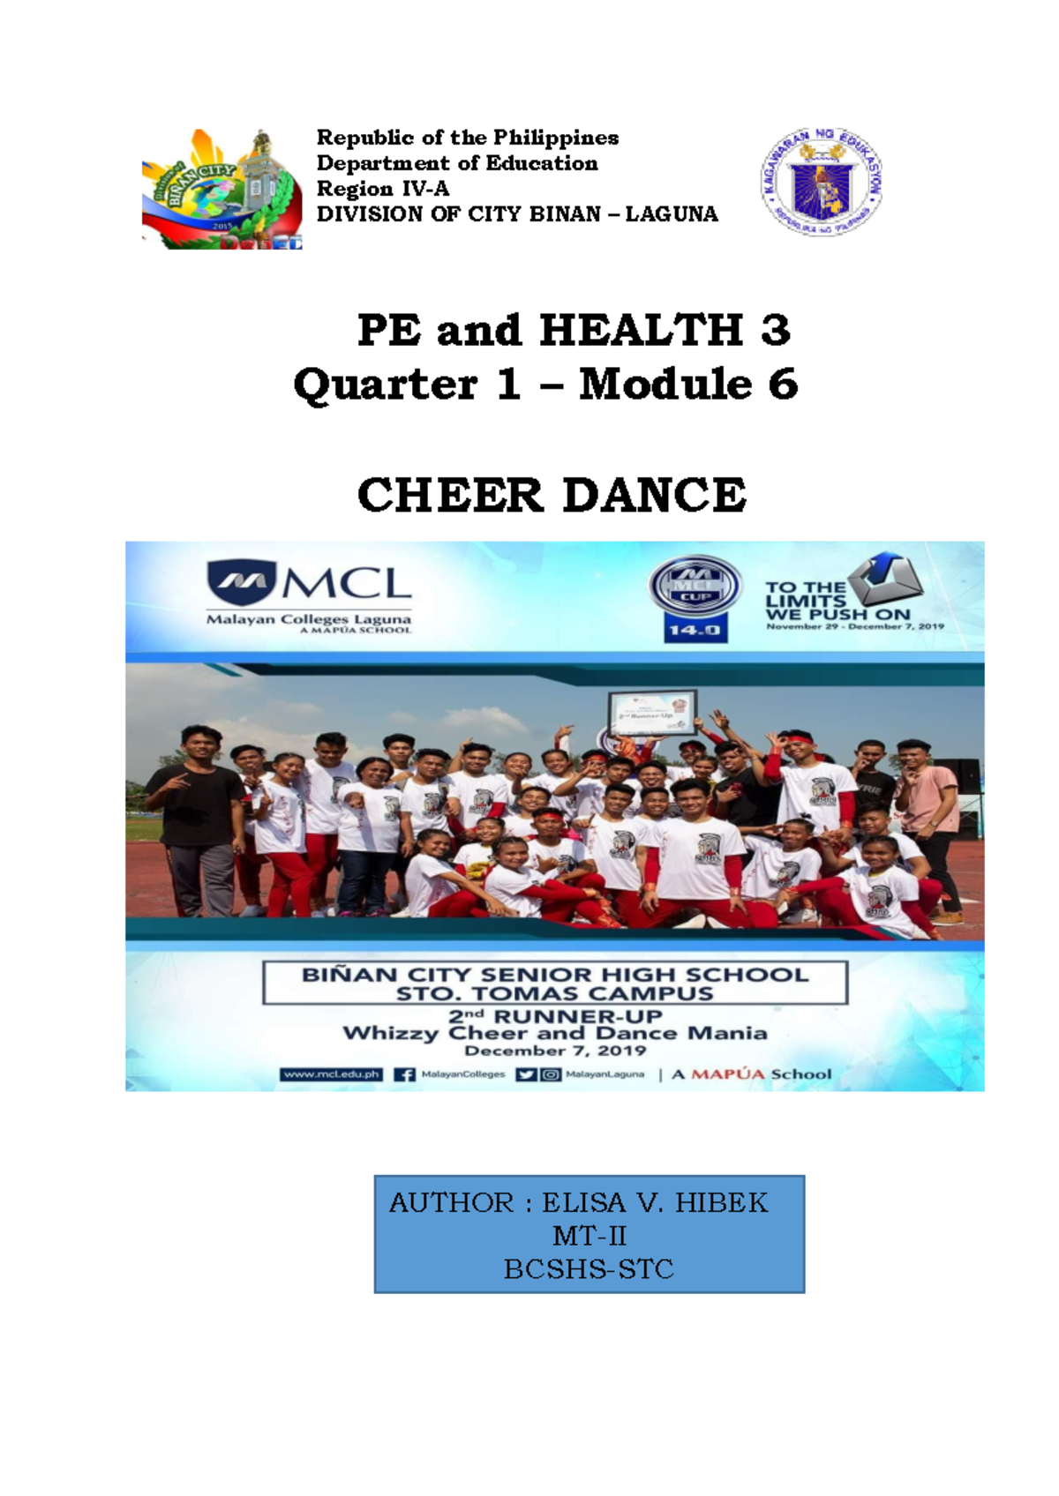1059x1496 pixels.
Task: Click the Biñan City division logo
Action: pyautogui.click(x=222, y=189)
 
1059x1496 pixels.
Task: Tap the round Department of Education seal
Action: pyautogui.click(x=821, y=182)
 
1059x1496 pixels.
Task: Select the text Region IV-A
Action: pyautogui.click(x=382, y=189)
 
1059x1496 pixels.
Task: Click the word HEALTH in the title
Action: pyautogui.click(x=641, y=331)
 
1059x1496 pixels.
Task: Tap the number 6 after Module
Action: pyautogui.click(x=783, y=385)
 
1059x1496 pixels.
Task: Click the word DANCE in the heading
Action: pyautogui.click(x=654, y=495)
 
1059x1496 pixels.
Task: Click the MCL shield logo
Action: pyautogui.click(x=241, y=582)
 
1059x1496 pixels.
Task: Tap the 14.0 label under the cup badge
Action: pyautogui.click(x=695, y=630)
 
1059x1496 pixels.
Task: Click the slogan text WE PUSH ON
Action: pyautogui.click(x=837, y=614)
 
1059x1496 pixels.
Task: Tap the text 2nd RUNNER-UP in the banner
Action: pyautogui.click(x=554, y=1015)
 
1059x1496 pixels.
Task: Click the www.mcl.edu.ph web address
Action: pyautogui.click(x=331, y=1074)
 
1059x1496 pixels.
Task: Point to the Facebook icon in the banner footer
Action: pyautogui.click(x=404, y=1074)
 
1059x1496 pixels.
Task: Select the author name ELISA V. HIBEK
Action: pyautogui.click(x=655, y=1202)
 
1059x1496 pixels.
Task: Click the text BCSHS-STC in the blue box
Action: pyautogui.click(x=589, y=1269)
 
